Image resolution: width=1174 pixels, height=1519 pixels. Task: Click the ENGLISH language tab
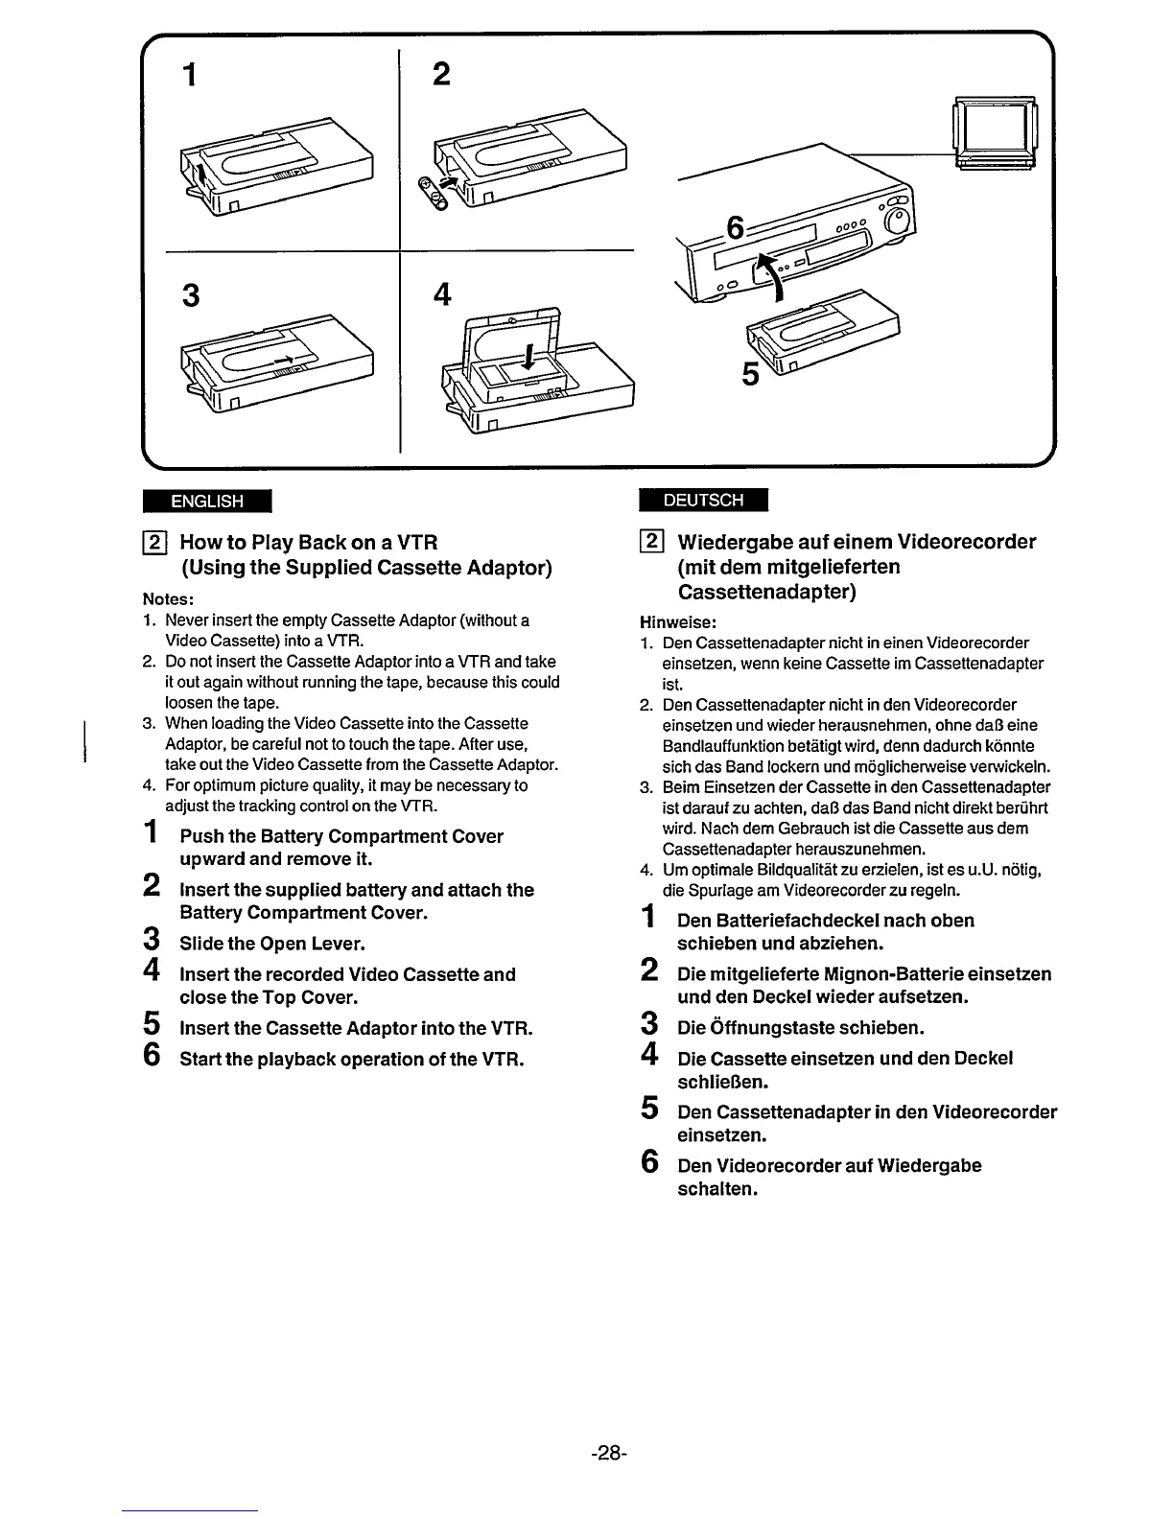click(206, 501)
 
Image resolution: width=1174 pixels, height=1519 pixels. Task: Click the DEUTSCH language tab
click(703, 500)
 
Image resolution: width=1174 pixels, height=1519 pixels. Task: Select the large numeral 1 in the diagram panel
click(191, 74)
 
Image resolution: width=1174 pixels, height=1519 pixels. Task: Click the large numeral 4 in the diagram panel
click(441, 293)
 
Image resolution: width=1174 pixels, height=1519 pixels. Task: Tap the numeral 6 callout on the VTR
click(735, 229)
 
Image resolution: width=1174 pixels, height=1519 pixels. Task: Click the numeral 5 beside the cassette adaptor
click(751, 374)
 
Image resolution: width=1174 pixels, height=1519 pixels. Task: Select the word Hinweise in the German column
click(677, 621)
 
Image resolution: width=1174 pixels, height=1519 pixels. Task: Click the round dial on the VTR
click(898, 223)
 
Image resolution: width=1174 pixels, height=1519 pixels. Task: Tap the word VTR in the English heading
click(417, 542)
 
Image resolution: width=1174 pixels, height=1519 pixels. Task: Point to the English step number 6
click(151, 1056)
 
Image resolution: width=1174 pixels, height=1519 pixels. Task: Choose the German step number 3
click(648, 1025)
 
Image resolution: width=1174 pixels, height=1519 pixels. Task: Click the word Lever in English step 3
click(340, 944)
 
